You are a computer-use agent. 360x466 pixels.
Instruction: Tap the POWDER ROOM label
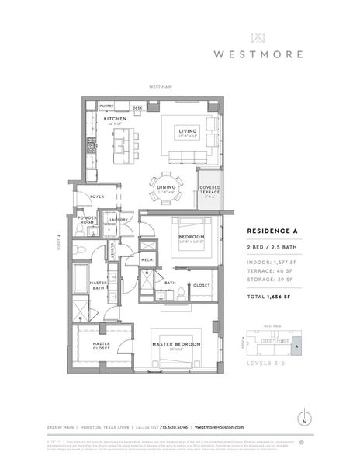click(x=88, y=220)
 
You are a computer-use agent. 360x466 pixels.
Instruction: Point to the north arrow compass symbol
click(x=304, y=420)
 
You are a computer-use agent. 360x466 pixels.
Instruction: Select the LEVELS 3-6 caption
click(x=265, y=363)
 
